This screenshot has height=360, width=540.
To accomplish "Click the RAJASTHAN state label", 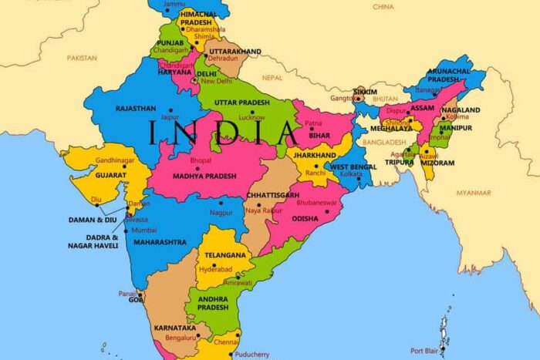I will tap(136, 109).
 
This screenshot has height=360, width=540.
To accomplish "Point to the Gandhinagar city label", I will tap(114, 160).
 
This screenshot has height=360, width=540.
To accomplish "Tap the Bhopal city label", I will tap(200, 160).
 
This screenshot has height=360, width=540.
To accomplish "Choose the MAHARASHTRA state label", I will tap(160, 242).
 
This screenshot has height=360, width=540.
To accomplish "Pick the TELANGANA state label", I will tap(225, 254).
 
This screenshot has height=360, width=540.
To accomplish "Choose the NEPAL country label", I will tap(273, 78).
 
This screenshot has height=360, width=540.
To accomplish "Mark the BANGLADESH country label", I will tap(385, 143).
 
